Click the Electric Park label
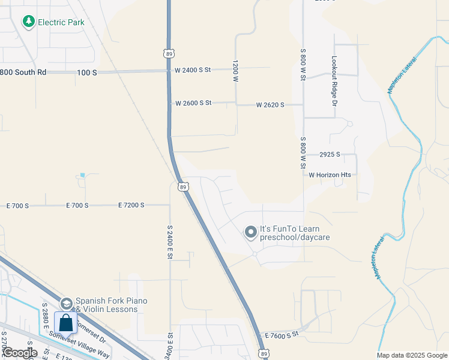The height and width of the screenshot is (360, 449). click(61, 22)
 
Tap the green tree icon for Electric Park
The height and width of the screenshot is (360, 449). click(28, 22)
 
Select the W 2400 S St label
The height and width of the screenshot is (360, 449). click(193, 70)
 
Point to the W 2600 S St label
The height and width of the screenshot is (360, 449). click(193, 103)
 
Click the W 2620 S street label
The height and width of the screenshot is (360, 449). click(270, 105)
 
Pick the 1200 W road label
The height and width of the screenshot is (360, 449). click(236, 70)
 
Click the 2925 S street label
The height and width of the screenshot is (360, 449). click(330, 154)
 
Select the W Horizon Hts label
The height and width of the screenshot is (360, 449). click(330, 175)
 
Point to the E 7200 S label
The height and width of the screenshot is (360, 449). click(131, 205)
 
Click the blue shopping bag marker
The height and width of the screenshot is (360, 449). click(65, 323)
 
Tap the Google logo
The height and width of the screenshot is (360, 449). click(20, 353)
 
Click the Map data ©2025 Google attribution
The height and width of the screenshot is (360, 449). click(411, 355)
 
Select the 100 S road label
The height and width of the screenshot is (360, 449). click(87, 73)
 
